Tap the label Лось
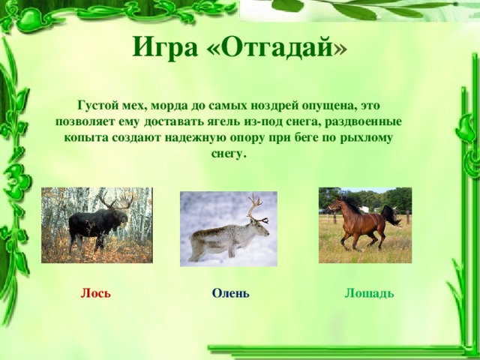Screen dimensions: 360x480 click(x=96, y=292)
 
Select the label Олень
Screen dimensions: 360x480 click(x=230, y=292)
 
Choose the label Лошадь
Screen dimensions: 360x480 click(x=369, y=292)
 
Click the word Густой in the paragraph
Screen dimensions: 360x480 click(x=96, y=106)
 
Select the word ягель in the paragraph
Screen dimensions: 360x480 click(x=268, y=121)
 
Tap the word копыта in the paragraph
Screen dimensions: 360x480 click(x=75, y=138)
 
